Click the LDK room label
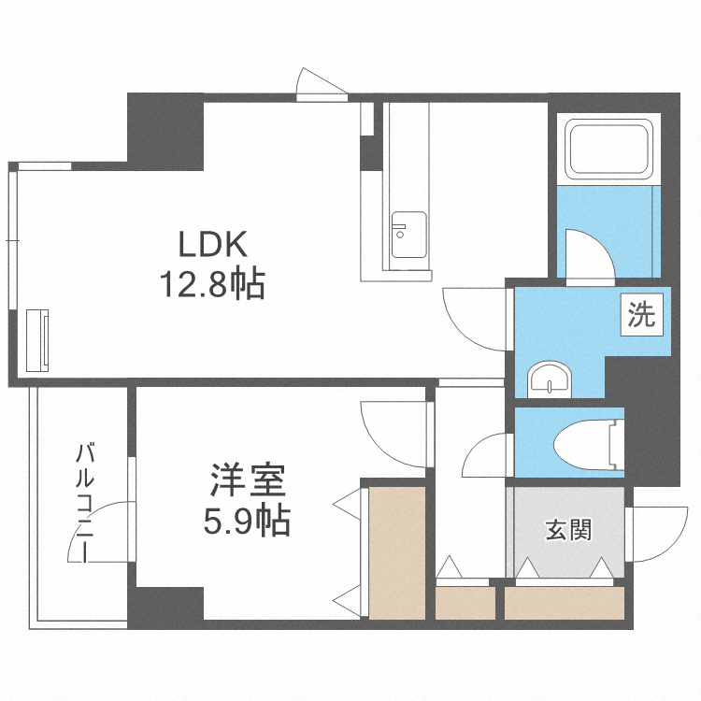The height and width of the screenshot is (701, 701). pos(213,245)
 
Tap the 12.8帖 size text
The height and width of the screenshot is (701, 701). pos(212,283)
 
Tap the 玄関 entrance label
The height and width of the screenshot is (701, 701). pos(566,531)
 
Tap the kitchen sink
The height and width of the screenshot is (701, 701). pos(408,235)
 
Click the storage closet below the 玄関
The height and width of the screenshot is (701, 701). pos(565,602)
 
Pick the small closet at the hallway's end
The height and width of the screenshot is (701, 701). pos(465,603)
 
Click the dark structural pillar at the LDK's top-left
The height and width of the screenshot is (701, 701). pos(165,130)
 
